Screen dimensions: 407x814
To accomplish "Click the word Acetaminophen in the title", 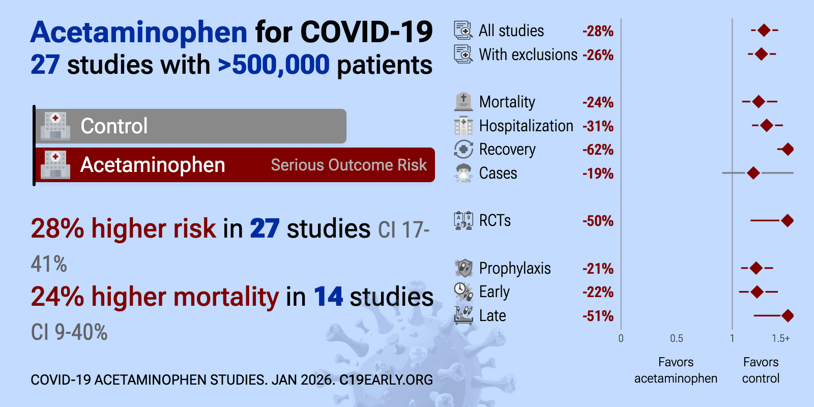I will [139, 32].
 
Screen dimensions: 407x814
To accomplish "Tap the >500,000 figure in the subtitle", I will [274, 65].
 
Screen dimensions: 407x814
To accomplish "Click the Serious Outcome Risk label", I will [348, 165].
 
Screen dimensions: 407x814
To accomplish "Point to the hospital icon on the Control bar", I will [55, 126].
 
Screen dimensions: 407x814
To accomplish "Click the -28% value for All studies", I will [598, 31].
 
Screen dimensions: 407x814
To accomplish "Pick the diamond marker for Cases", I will [753, 173].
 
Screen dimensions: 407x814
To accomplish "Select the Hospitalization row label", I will [526, 126].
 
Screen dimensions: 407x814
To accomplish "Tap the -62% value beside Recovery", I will [598, 150].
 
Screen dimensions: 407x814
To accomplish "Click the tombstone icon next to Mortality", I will [463, 102].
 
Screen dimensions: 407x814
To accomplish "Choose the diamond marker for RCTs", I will [788, 220].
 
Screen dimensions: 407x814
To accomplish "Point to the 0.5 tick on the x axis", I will [677, 338].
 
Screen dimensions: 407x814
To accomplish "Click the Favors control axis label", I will [761, 370].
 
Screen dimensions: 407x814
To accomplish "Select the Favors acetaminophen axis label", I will [676, 370].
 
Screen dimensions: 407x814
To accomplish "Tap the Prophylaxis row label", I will [515, 268].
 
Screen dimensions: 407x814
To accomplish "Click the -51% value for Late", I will [598, 316].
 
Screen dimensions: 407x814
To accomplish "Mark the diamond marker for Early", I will [757, 292].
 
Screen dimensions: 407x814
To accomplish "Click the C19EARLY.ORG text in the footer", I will [386, 380].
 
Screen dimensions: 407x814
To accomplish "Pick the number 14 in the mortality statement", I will [328, 297].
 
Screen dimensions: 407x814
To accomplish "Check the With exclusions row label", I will [528, 54].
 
